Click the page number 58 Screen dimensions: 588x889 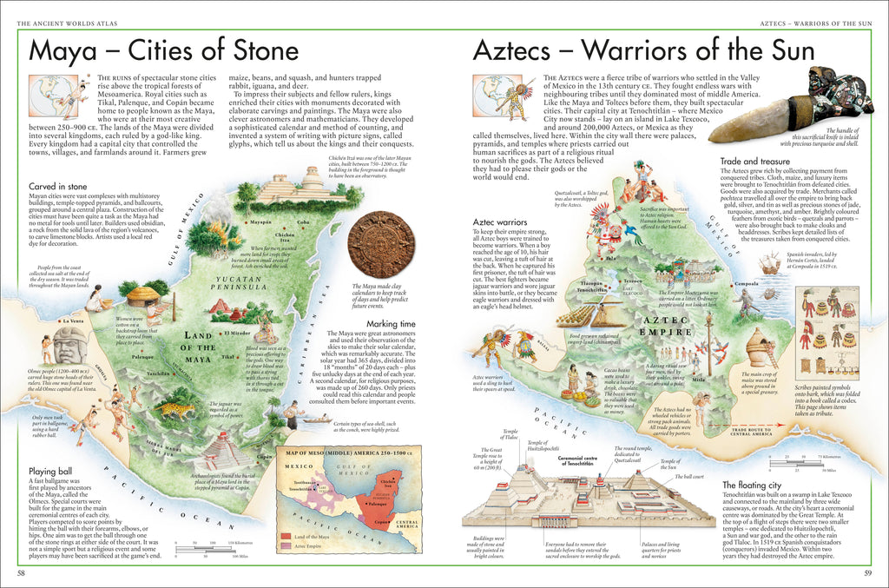coord(22,573)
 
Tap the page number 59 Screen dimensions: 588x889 coord(867,573)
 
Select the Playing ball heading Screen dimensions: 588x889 coord(50,471)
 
